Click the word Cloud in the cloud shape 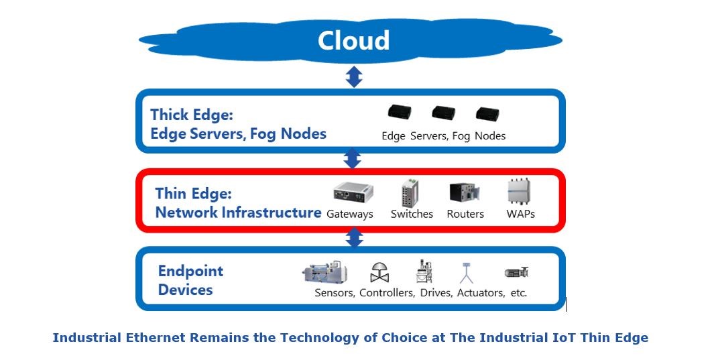point(353,40)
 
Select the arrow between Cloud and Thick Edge point(354,76)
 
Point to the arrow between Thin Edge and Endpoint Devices point(353,237)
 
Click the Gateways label point(349,215)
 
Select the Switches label point(412,215)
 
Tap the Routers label point(465,215)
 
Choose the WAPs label point(520,215)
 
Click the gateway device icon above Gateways point(353,192)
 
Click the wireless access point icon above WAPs point(520,192)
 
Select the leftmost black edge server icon point(399,113)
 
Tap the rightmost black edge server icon point(489,113)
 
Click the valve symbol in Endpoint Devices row point(379,272)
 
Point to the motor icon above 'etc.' point(516,272)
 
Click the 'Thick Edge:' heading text point(191,115)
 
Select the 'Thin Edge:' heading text point(193,194)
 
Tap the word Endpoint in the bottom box point(190,272)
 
